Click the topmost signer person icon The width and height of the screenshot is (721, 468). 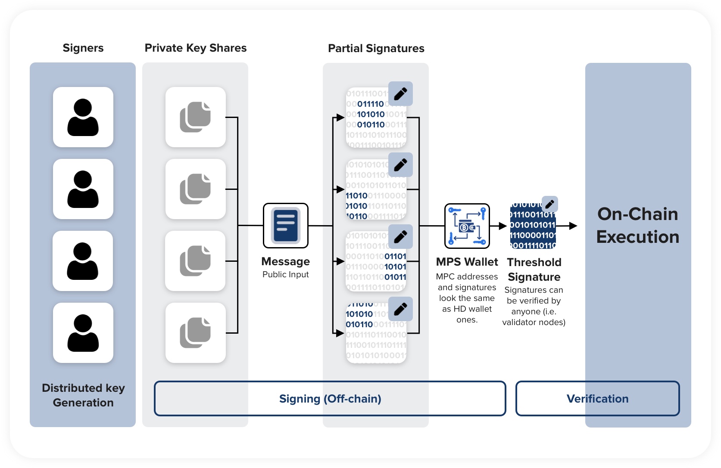point(83,117)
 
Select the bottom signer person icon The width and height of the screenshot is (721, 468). point(83,333)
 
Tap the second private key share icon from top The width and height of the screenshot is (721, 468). point(195,189)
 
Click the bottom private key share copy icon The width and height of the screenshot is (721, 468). point(195,333)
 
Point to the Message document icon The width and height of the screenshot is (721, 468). point(286,226)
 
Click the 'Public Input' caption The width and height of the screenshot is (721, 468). point(286,275)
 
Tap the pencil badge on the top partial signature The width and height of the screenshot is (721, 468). point(400,94)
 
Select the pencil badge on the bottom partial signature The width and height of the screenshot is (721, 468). point(400,309)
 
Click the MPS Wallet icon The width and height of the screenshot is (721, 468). point(467,226)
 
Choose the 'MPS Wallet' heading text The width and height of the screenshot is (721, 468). point(467,262)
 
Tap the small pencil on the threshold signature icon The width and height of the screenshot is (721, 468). point(550,204)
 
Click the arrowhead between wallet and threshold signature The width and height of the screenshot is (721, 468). point(502,226)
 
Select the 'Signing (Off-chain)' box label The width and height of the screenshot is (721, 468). point(330,399)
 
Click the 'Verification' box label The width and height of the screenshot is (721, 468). point(597,399)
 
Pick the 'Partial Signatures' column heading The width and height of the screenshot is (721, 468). point(376,48)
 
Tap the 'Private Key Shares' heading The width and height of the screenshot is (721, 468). point(196,48)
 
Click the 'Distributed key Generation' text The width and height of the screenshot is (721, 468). point(83,395)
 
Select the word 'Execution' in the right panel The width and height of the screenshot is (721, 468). point(638,237)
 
